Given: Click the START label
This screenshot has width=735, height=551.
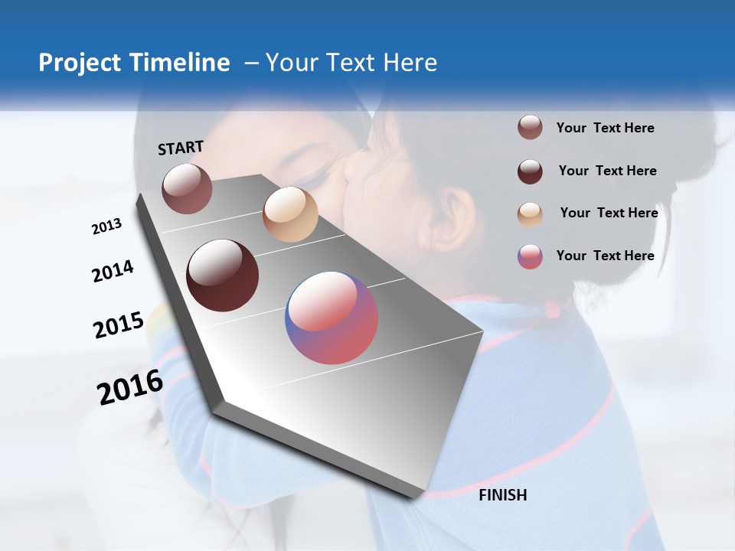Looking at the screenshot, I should [x=181, y=148].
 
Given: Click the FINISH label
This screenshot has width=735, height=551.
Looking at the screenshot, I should [x=502, y=495].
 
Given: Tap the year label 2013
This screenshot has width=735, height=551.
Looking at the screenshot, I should [x=107, y=227].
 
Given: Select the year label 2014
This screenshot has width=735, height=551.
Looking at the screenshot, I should [x=113, y=272].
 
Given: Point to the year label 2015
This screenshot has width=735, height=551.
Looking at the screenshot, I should [x=119, y=325].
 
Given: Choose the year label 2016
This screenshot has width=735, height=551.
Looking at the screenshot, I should [x=130, y=386].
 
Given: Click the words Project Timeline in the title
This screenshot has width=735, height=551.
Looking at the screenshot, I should [x=134, y=63].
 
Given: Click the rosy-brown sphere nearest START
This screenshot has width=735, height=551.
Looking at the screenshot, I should [x=187, y=188].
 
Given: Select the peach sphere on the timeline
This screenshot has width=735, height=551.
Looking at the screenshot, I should [x=290, y=214].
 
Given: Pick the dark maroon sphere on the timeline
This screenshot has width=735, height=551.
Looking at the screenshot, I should [x=223, y=275].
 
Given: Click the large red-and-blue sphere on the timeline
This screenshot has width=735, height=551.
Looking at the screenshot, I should [x=332, y=318].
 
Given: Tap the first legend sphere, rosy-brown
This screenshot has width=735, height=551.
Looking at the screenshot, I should [x=530, y=128].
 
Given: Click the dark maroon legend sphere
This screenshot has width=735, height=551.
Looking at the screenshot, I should [x=530, y=171].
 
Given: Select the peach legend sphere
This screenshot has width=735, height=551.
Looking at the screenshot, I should [x=530, y=214].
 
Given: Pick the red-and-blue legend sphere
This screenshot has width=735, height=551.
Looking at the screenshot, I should [x=530, y=256].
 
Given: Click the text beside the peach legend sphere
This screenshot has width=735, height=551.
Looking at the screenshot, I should [x=609, y=213].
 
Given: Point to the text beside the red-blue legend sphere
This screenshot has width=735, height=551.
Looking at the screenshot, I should [x=605, y=256].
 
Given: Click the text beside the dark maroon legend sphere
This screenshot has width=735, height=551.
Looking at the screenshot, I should [x=607, y=171].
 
